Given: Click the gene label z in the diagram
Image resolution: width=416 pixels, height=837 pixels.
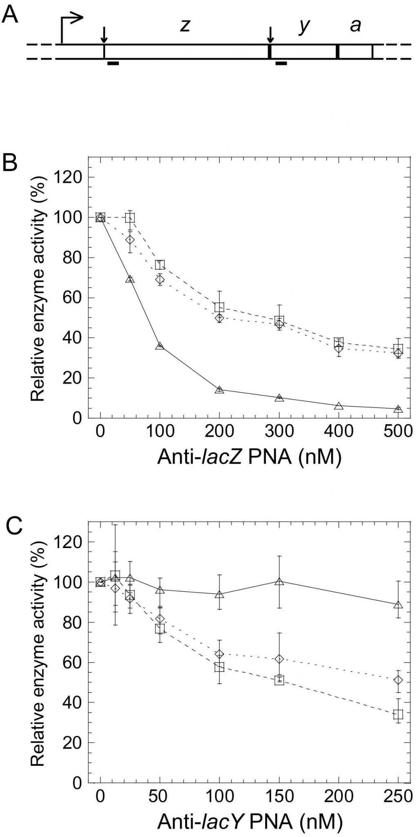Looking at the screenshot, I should point(185,26).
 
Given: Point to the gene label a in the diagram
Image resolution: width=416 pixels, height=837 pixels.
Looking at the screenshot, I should point(356,26).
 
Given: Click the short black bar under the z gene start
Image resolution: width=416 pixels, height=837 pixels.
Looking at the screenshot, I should point(113,63).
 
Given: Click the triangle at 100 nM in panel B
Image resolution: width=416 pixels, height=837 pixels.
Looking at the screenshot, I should point(160,346).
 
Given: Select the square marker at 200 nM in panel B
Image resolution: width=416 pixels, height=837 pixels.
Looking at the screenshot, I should point(219,307).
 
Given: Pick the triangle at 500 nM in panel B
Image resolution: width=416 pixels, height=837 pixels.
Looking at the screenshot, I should point(398,409).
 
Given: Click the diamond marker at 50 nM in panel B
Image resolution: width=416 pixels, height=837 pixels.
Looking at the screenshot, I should point(130,239).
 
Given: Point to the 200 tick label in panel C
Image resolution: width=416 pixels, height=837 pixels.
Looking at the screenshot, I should point(339,796).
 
